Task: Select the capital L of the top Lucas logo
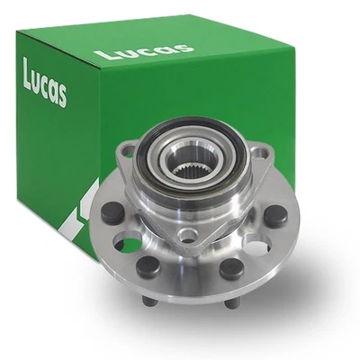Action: [x=102, y=56]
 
